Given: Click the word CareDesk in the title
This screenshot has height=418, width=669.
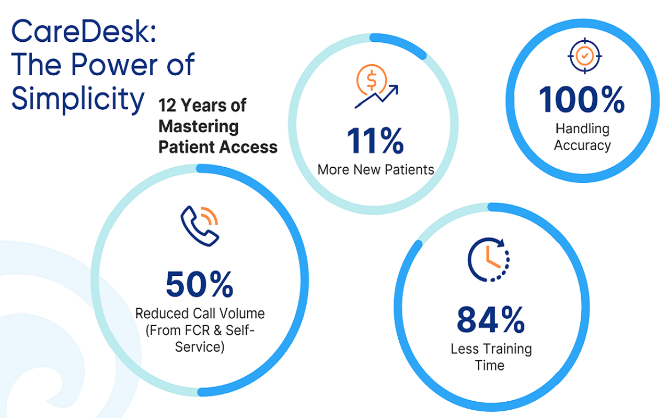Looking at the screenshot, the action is tap(81, 32).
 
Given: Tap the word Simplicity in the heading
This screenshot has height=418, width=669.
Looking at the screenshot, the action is tap(78, 99).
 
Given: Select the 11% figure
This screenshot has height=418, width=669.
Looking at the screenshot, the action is tap(375, 141).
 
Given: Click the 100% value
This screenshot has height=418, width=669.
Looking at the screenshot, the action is tap(582, 99).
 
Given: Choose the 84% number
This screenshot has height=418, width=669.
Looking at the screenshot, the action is tap(491, 320).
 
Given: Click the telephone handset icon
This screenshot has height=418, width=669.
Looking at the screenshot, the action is tap(200, 226).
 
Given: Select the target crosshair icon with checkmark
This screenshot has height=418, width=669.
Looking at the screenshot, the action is tap(584, 56).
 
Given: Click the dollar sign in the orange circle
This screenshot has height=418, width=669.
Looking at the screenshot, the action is tap(372, 80).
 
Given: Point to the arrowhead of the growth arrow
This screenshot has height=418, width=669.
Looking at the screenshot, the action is tap(394, 89).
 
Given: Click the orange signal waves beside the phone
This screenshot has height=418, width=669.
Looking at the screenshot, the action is tap(210, 216).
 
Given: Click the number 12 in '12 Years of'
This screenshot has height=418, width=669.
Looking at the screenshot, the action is tap(167, 106).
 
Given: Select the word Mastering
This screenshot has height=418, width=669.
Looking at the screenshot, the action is tap(199, 126).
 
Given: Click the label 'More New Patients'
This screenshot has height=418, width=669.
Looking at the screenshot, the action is tap(376, 170).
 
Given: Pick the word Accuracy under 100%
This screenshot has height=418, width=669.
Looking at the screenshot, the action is tap(582, 146).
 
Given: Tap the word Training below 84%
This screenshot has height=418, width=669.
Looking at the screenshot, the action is tap(507, 349).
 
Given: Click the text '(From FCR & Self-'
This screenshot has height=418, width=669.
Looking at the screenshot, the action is tap(200, 331).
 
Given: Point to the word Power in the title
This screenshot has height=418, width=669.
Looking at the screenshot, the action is tap(114, 64).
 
